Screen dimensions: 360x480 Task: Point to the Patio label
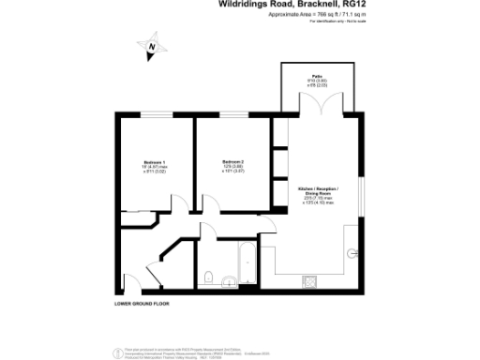pos(318,77)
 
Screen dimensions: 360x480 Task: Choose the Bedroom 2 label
pos(232,161)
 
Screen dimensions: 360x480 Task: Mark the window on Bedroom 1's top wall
pos(154,114)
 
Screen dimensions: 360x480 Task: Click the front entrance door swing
pos(132,280)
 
